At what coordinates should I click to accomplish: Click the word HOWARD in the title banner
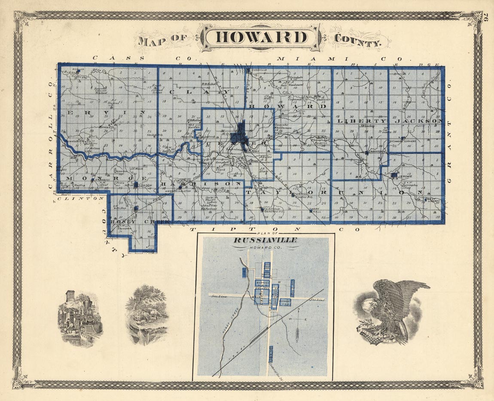click(262, 37)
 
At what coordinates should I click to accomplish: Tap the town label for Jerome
click(406, 177)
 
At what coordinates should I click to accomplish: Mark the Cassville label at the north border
click(258, 70)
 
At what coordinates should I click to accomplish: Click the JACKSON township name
click(418, 121)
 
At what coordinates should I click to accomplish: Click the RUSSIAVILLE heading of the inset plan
click(265, 241)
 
